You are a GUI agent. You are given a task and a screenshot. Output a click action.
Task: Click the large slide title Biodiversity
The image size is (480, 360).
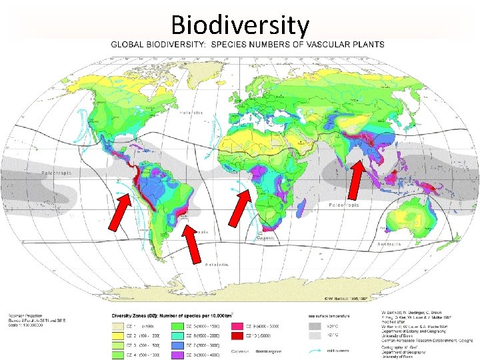[240, 25]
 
